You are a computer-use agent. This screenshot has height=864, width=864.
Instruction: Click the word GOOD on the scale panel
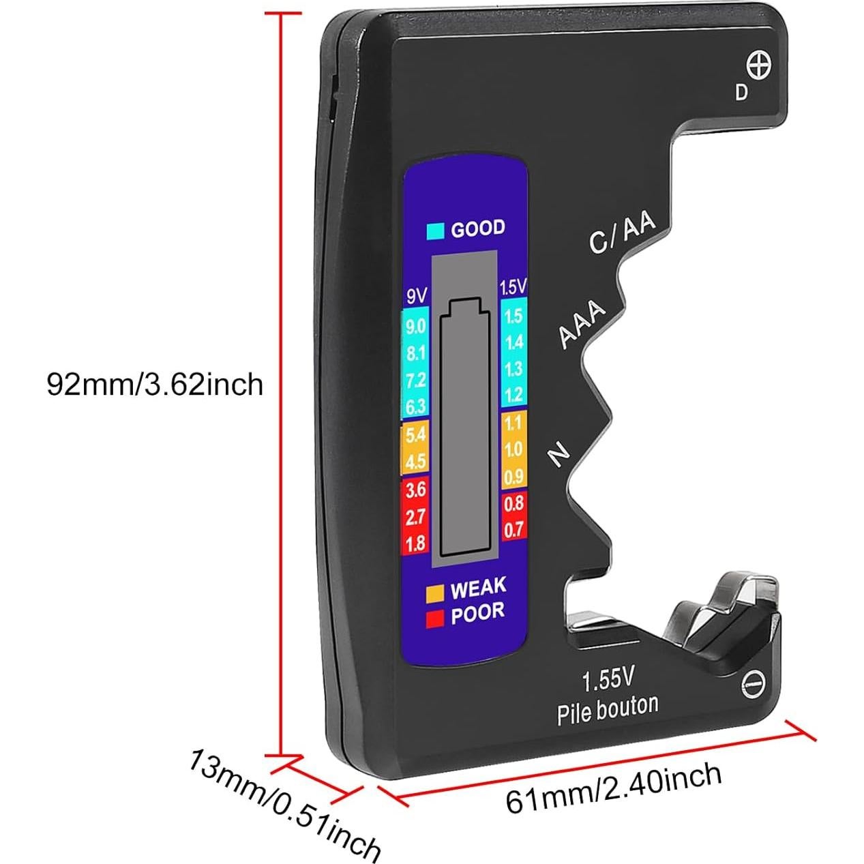click(478, 228)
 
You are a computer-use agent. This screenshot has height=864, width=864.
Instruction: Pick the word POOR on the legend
click(477, 614)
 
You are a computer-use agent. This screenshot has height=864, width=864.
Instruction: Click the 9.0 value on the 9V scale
click(415, 327)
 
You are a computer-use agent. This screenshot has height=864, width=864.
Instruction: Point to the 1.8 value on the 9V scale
click(415, 543)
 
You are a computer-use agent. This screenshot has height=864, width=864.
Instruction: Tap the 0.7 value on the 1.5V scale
click(513, 529)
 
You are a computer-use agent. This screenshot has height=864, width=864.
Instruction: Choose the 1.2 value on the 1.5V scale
click(513, 394)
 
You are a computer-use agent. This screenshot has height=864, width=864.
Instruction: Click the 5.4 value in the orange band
click(415, 434)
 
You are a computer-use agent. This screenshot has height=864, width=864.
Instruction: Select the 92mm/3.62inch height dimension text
click(155, 385)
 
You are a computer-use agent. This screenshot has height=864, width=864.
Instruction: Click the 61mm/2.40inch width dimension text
click(613, 786)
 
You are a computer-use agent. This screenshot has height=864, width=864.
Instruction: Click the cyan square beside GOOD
click(435, 231)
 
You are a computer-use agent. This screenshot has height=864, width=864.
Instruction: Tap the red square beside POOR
click(435, 619)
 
